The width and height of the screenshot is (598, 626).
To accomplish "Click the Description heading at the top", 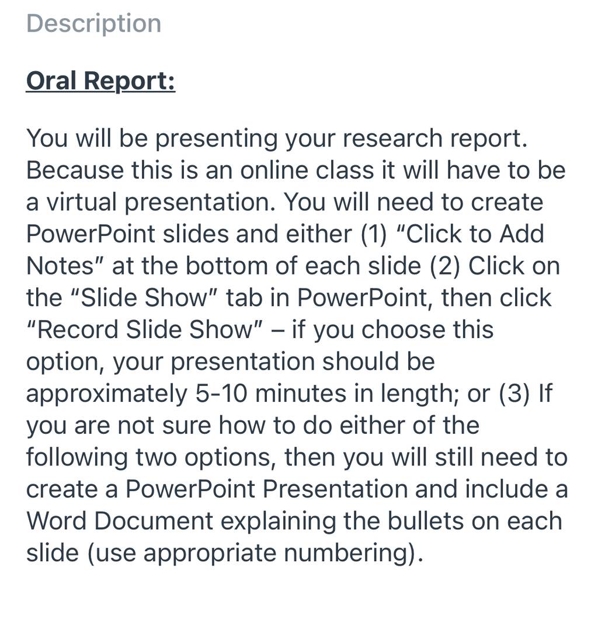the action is pos(94,24).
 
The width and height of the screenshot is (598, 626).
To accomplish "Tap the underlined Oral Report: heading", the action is pos(100,81).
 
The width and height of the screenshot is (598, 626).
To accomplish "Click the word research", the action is pos(392,138).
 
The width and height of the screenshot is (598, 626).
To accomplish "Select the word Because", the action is pos(75,170).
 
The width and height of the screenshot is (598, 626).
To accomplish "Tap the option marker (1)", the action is pos(374,234).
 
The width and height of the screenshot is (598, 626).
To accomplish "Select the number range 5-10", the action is pos(221,394).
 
